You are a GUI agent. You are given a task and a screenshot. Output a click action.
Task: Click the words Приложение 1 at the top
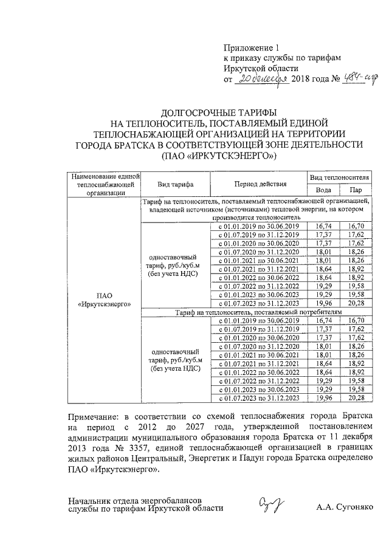250,47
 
